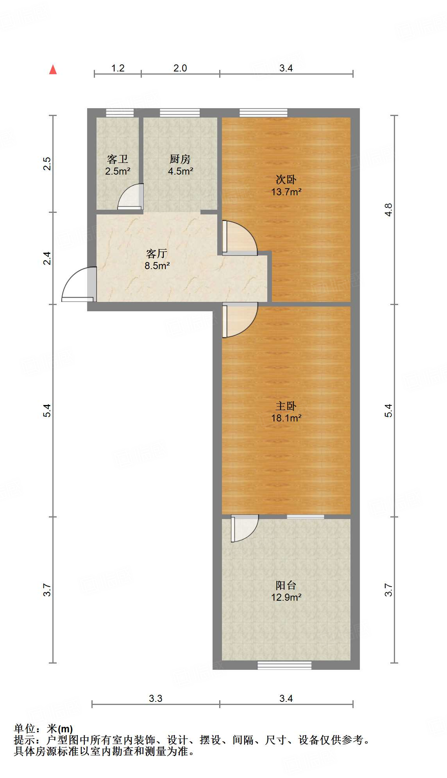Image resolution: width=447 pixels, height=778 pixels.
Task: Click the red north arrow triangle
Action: tap(53, 70)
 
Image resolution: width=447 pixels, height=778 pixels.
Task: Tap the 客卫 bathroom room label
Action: tap(118, 159)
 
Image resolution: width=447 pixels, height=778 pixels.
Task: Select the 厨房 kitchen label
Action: tap(180, 159)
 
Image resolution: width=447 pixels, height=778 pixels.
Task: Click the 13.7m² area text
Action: tap(286, 192)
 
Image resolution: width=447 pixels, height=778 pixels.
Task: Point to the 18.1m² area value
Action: tap(286, 418)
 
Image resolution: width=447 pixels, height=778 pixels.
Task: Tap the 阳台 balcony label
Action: tap(286, 585)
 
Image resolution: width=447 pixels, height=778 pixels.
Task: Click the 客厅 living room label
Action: tap(157, 254)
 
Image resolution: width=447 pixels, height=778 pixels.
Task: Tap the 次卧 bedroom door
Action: tap(239, 238)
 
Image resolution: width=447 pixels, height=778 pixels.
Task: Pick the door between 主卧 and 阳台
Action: tap(244, 528)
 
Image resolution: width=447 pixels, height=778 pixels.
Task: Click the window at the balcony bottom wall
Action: tap(284, 665)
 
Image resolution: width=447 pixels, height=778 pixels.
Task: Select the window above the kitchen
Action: tap(180, 113)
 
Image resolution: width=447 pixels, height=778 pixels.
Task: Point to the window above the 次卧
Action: tap(263, 113)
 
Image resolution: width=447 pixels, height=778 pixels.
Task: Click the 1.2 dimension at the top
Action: tap(118, 68)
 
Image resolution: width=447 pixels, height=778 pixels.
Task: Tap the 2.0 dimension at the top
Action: tap(180, 68)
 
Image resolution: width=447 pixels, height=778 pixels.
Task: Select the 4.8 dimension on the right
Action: tap(388, 210)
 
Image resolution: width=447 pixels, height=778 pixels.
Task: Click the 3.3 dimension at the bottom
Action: tap(156, 698)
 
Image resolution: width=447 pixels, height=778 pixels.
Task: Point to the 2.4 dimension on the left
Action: tap(47, 258)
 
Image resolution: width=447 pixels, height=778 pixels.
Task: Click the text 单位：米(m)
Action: tap(43, 729)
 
